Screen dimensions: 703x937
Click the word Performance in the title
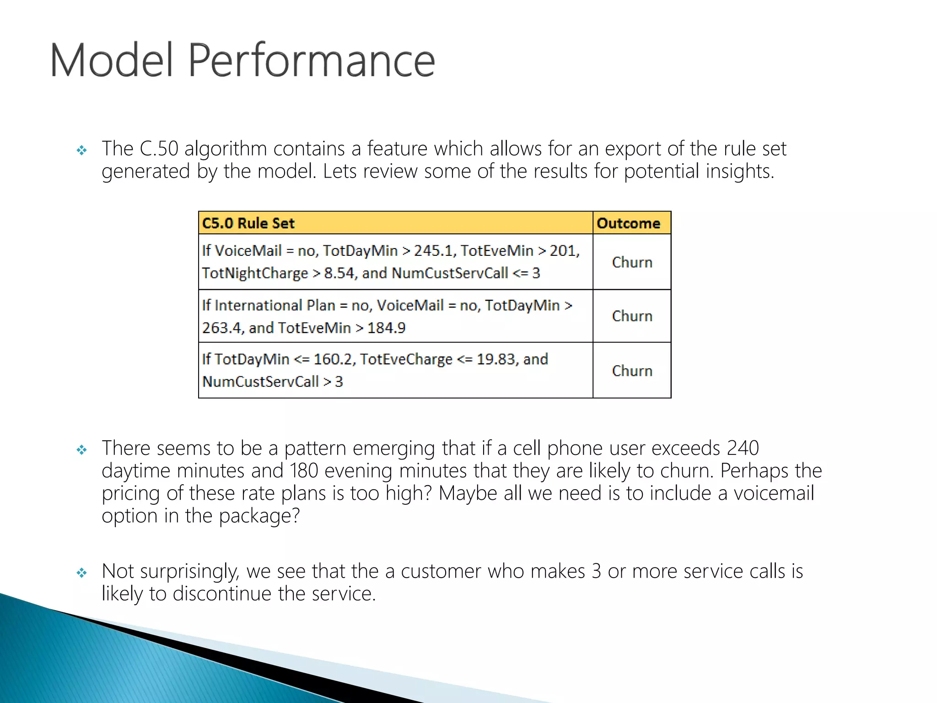pyautogui.click(x=311, y=60)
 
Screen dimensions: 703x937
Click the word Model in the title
pyautogui.click(x=111, y=60)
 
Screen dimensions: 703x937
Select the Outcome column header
pyautogui.click(x=628, y=223)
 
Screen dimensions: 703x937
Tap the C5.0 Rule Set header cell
pyautogui.click(x=248, y=223)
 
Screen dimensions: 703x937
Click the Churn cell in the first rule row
pyautogui.click(x=632, y=262)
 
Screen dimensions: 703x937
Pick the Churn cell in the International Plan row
pyautogui.click(x=632, y=316)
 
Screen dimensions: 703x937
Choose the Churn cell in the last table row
pyautogui.click(x=632, y=371)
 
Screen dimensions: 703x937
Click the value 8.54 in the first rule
pyautogui.click(x=339, y=273)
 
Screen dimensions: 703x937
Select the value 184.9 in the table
pyautogui.click(x=386, y=328)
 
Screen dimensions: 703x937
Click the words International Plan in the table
pyautogui.click(x=275, y=305)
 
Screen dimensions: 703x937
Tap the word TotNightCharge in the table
pyautogui.click(x=255, y=273)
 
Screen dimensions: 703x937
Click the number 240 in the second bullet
pyautogui.click(x=743, y=448)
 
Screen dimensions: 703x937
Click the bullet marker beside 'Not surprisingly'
pyautogui.click(x=82, y=573)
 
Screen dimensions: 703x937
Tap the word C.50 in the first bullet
pyautogui.click(x=158, y=149)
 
